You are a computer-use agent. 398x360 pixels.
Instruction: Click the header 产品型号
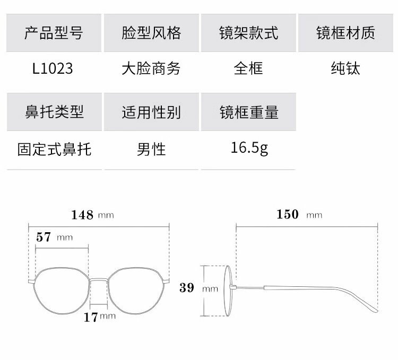54,33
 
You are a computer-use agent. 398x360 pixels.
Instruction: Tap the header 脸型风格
151,33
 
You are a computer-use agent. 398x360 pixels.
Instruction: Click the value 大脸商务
151,68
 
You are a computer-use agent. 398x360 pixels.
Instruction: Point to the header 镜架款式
248,33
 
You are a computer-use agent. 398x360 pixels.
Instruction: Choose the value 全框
248,68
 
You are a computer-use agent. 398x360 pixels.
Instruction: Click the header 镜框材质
345,33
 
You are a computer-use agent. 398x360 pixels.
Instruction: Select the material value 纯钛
345,68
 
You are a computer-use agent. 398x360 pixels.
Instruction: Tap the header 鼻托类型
54,112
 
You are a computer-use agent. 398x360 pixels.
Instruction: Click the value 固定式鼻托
54,149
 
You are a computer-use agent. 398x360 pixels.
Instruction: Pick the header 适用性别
151,112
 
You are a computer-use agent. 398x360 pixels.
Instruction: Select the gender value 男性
151,149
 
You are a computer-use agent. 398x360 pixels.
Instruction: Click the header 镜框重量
248,112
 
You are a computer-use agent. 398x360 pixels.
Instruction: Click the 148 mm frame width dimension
92,215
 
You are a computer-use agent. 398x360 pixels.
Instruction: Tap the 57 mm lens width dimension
54,236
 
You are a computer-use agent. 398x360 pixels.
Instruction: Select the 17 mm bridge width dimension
99,317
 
